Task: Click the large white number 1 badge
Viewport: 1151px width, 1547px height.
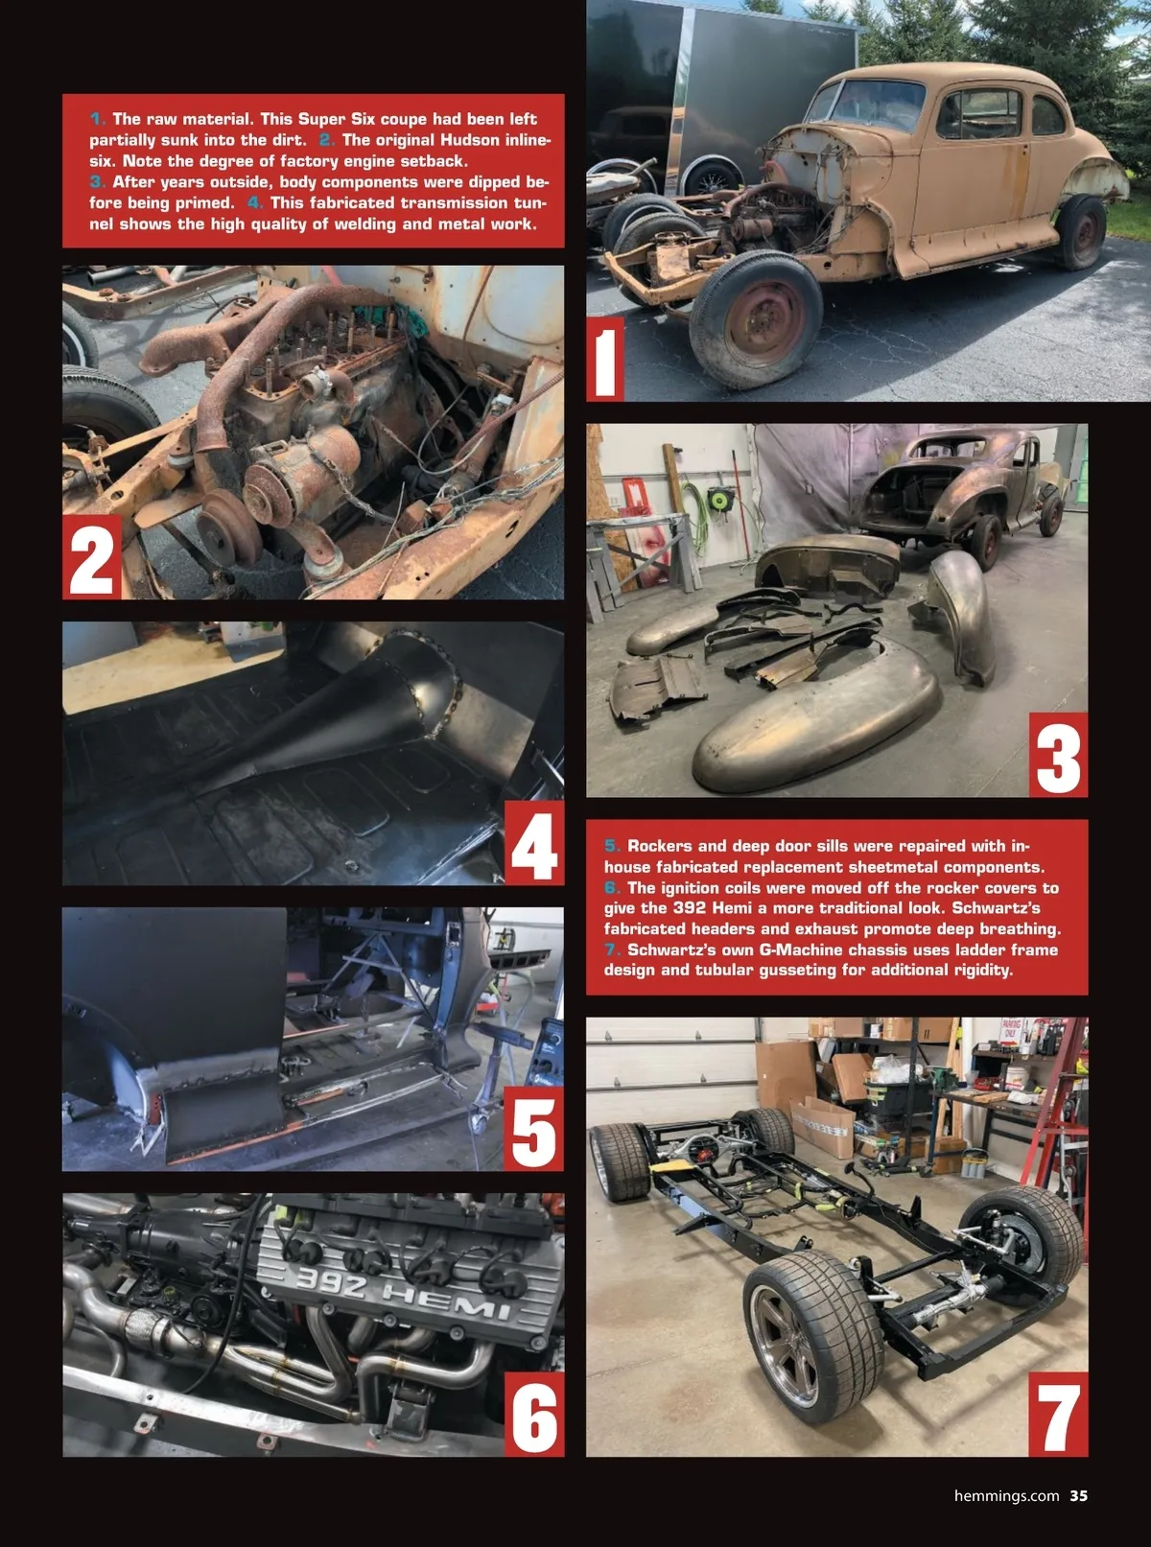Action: coord(605,360)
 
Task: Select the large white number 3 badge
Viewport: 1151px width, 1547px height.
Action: coord(1058,755)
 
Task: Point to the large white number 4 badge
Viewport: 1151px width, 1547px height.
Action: coord(533,843)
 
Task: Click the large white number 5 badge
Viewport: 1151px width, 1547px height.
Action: coord(533,1129)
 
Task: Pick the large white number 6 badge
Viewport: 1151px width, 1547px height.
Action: coord(533,1415)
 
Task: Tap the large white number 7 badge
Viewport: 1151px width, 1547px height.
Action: coord(1058,1415)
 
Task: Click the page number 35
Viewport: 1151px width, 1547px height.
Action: coord(1078,1496)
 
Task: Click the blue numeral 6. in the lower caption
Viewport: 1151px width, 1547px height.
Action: coord(613,888)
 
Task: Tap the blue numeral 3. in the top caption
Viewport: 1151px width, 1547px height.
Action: coord(98,182)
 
